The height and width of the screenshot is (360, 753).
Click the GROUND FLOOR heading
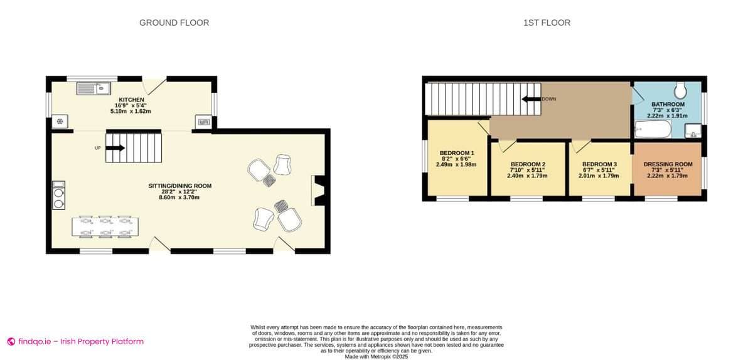[174, 23]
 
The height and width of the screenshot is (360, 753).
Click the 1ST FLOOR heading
[547, 23]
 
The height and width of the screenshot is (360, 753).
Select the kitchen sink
[93, 89]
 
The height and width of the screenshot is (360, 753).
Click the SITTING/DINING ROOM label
[179, 186]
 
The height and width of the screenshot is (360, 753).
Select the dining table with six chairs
[106, 227]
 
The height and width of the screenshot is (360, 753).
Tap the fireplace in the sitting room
[318, 191]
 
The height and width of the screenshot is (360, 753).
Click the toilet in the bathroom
[678, 89]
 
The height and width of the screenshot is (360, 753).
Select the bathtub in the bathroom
[653, 130]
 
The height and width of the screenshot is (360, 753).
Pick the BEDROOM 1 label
[456, 153]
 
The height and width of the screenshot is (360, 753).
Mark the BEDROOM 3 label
[599, 164]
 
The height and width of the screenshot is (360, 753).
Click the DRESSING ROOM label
[668, 164]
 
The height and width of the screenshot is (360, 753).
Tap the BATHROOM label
[668, 104]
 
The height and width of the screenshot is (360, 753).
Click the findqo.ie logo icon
[11, 342]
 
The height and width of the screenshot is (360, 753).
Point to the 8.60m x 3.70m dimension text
[179, 198]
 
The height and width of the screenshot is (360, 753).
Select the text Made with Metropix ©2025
[376, 356]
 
